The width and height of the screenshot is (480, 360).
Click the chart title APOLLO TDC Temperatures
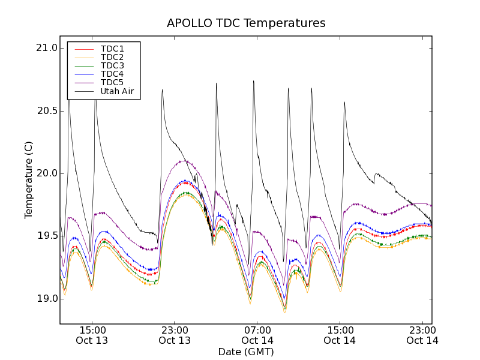(x=246, y=23)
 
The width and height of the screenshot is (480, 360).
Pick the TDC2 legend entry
(x=112, y=58)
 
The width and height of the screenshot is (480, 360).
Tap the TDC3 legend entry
(x=112, y=66)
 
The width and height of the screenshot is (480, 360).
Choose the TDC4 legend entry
(x=112, y=74)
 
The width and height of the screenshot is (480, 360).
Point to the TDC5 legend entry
(x=112, y=83)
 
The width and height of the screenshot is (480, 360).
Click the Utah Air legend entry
(x=117, y=92)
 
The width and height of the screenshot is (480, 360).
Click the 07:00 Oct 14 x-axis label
(x=257, y=335)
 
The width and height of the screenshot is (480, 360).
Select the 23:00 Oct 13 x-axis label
(x=175, y=335)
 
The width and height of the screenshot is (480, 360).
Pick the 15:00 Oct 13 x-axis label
(x=92, y=335)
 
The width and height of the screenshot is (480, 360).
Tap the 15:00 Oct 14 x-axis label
(x=340, y=335)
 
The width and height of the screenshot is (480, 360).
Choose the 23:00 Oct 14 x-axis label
(x=422, y=335)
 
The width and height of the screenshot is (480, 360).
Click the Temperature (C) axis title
(x=29, y=180)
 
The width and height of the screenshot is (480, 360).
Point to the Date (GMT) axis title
(x=246, y=352)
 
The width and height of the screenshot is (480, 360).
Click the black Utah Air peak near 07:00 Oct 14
(x=254, y=82)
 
